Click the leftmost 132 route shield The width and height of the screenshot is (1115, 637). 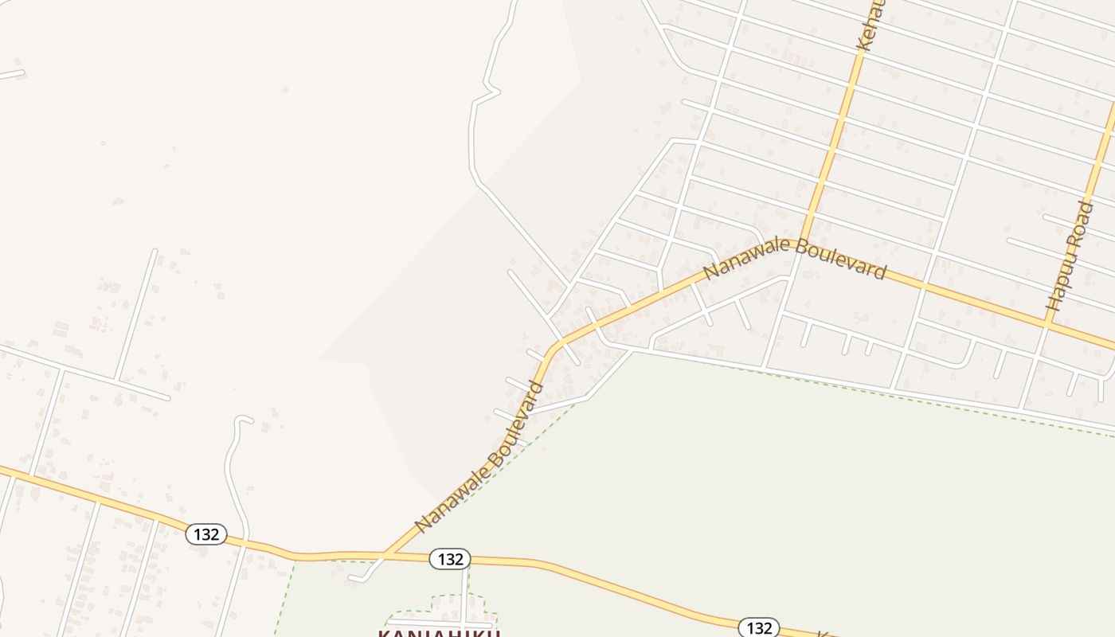click(x=206, y=534)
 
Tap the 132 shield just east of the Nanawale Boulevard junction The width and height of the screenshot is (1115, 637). click(x=450, y=559)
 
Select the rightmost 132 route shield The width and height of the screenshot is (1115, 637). click(x=758, y=627)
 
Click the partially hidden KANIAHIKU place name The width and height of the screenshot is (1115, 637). click(x=439, y=632)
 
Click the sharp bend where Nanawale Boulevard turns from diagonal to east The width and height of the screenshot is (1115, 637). click(x=558, y=344)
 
